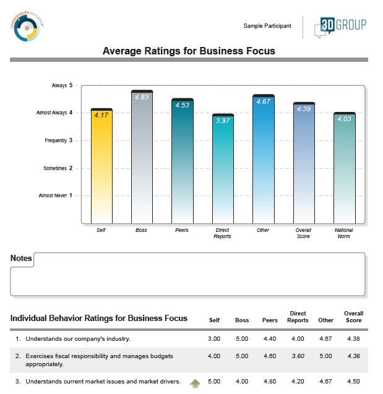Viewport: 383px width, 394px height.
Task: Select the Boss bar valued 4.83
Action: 142,157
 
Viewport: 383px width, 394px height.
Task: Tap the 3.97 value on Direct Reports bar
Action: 223,121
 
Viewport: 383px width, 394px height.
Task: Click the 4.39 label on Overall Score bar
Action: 304,109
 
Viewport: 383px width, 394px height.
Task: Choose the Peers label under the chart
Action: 182,230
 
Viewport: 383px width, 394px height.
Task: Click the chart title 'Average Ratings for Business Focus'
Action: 189,51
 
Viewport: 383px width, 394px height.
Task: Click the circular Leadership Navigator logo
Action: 28,26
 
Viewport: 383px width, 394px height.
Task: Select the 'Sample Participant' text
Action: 267,26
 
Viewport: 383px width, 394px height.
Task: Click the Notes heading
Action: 21,258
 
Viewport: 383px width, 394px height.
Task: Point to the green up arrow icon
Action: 195,383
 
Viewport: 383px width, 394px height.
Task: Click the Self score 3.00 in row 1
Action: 214,338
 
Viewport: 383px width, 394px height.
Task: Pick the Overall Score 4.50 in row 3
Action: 353,382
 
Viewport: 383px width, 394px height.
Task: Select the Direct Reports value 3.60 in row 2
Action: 298,356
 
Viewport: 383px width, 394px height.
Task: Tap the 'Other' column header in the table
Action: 326,320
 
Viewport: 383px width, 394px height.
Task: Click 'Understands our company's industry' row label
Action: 77,338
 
